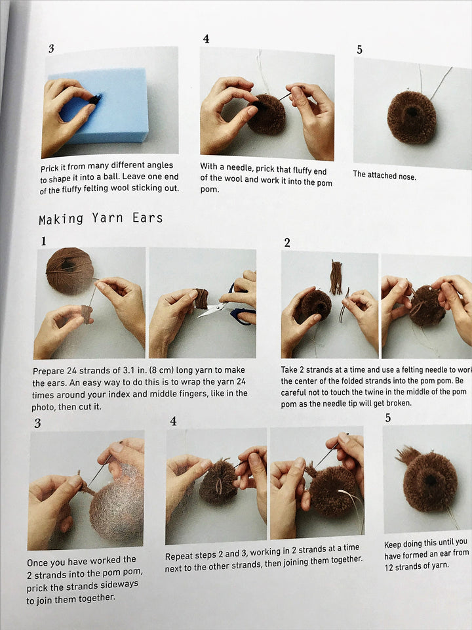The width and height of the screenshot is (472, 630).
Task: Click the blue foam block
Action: (100, 107)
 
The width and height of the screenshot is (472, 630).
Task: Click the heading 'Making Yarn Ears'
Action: (101, 219)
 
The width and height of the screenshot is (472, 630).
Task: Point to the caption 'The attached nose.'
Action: (384, 175)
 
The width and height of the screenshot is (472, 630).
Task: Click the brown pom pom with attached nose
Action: (412, 117)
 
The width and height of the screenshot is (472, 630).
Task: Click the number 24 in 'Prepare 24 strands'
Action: (71, 370)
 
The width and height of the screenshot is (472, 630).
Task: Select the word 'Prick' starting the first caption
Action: (50, 168)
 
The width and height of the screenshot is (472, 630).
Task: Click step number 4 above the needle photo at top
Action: (206, 39)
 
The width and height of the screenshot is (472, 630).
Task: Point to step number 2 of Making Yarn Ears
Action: (287, 243)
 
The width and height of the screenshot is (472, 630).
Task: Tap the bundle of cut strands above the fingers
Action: (336, 277)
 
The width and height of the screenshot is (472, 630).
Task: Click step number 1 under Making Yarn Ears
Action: (43, 241)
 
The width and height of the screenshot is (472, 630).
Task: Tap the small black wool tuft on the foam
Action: (95, 99)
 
